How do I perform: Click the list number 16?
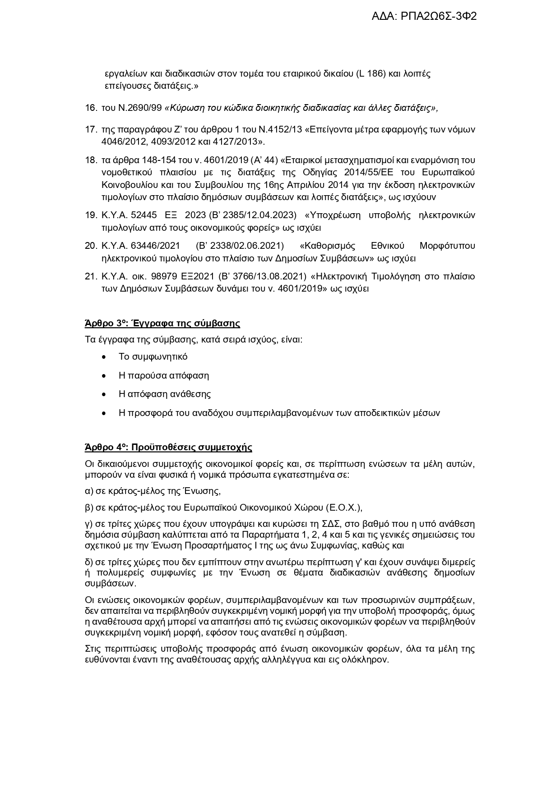click(x=91, y=108)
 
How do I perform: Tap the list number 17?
click(x=91, y=130)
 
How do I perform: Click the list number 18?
click(x=91, y=160)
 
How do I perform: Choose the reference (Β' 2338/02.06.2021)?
click(x=240, y=246)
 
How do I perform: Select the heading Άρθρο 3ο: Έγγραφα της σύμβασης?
click(x=162, y=323)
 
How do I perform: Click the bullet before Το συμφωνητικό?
click(x=104, y=357)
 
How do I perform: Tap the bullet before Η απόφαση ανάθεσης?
click(x=104, y=394)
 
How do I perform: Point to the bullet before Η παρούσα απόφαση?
click(x=104, y=376)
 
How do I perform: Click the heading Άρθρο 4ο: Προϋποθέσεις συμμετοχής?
click(x=168, y=447)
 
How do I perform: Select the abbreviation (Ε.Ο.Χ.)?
click(x=343, y=508)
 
